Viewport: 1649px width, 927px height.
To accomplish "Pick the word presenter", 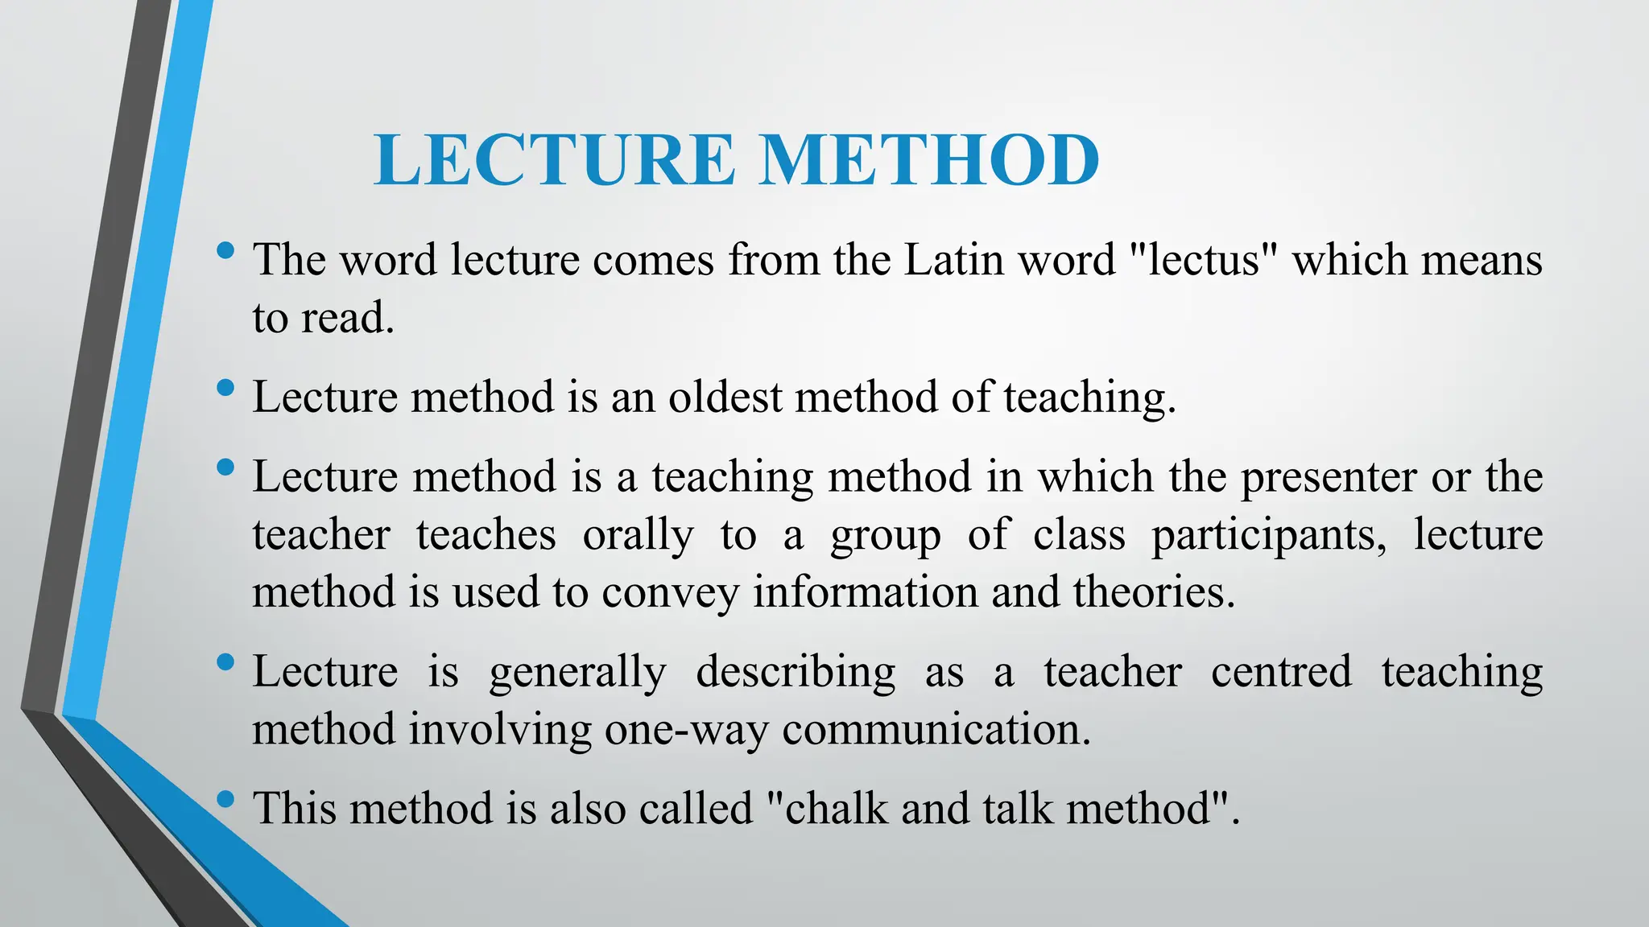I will (x=1328, y=478).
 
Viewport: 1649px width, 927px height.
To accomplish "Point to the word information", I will (x=866, y=592).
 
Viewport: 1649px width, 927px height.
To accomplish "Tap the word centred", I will (x=1281, y=672).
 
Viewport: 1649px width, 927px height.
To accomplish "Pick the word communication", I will (x=936, y=730).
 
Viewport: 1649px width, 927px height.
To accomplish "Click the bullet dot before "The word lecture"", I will (x=225, y=250).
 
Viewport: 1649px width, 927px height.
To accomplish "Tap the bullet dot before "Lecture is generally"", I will (x=225, y=663).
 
